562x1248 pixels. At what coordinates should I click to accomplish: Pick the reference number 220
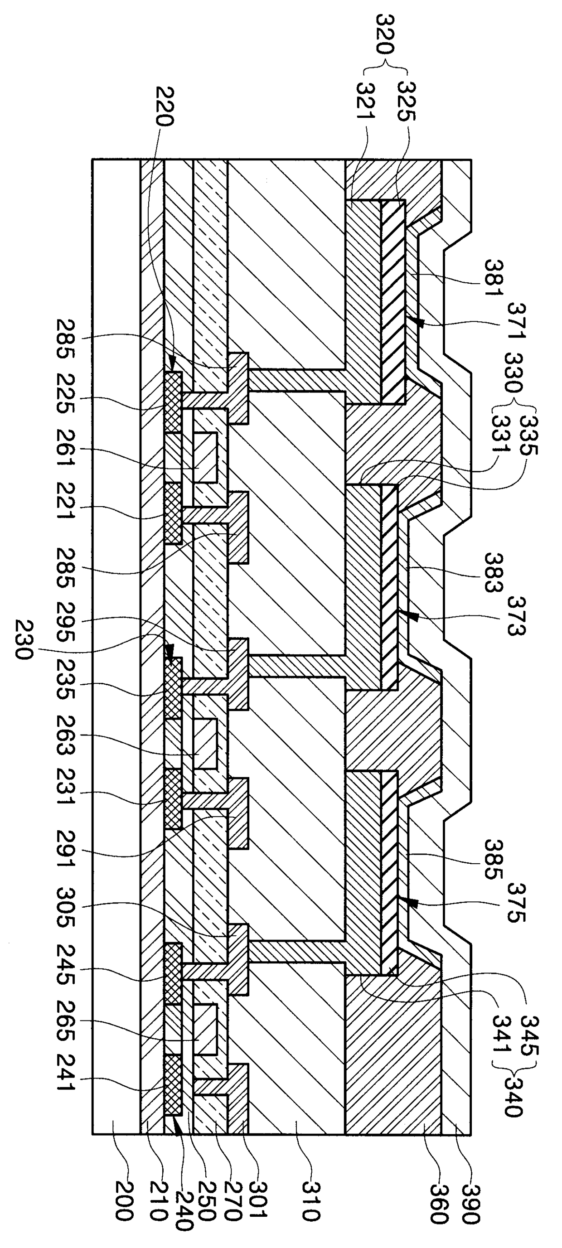(164, 106)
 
